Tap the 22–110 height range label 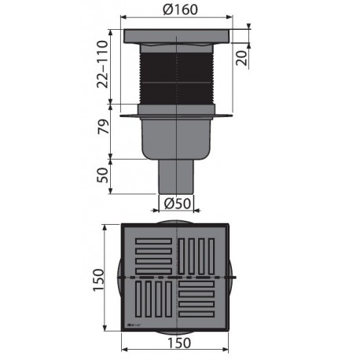(101, 66)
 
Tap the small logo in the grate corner (133, 323)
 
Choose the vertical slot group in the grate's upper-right (200, 256)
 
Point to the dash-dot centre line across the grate (176, 278)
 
